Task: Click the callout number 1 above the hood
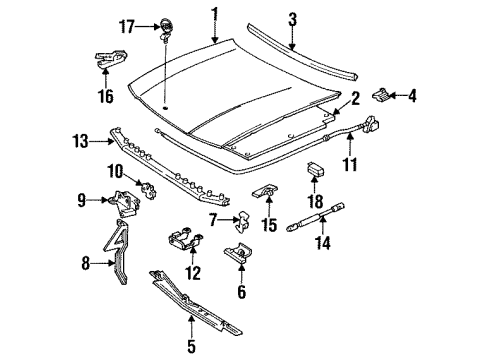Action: tap(212, 13)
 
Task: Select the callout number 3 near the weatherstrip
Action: tap(292, 17)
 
